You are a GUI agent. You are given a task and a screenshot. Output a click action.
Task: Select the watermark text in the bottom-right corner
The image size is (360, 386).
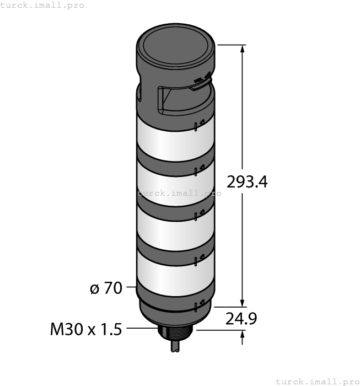pos(317,381)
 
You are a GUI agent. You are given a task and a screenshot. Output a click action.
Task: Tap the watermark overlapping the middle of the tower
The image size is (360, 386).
pos(179,193)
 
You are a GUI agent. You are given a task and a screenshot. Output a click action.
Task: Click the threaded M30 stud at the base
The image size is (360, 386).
pos(175,333)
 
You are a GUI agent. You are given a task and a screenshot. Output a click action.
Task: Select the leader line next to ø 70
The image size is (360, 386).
pos(131,287)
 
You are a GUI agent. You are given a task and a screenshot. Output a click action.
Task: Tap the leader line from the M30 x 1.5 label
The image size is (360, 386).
pos(141,329)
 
